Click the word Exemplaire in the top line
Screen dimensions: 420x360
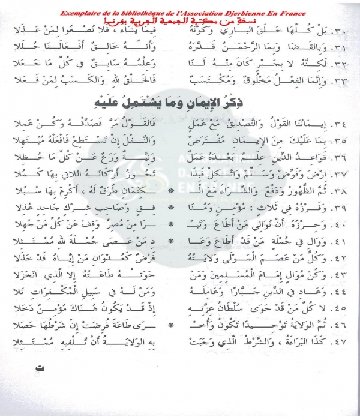[82, 13]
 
